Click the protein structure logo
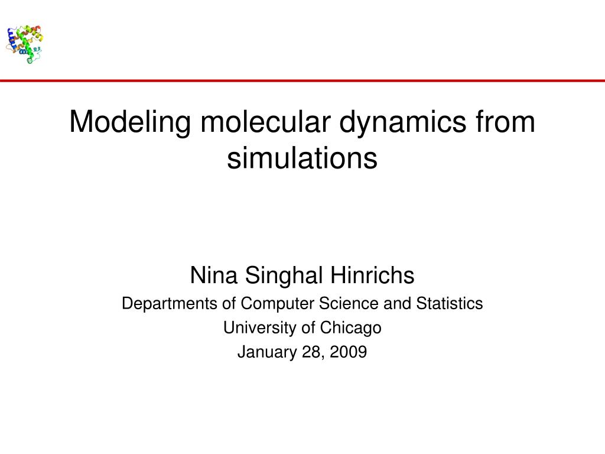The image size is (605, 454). pos(25,43)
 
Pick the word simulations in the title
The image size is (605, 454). pos(302,158)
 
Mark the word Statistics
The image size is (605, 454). pos(450,304)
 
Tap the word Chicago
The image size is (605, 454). pos(351,327)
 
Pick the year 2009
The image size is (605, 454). pos(348,352)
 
